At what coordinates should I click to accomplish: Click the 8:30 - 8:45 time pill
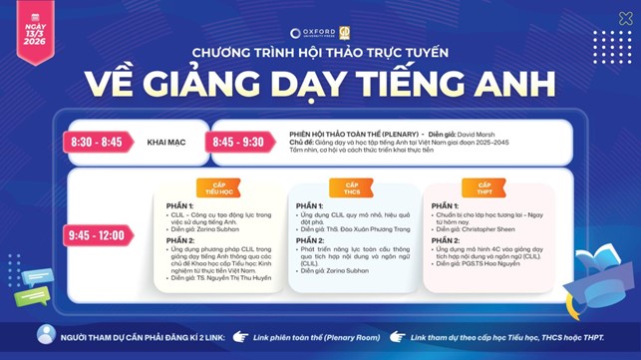[95, 143]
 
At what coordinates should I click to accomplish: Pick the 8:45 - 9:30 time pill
[238, 143]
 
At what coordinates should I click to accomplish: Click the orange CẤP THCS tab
[352, 187]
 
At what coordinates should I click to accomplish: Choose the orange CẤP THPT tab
[484, 187]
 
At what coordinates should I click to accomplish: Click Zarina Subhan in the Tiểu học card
[213, 228]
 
